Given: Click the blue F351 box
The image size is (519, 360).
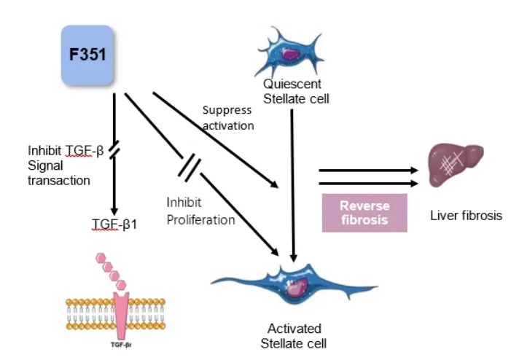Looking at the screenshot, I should point(87,55).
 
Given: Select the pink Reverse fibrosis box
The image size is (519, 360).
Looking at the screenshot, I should point(364,212).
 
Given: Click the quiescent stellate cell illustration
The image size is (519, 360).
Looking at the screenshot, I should point(290,52).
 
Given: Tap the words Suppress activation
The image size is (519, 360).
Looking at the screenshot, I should point(227,117).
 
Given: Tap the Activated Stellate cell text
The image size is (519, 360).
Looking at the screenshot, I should point(294,335).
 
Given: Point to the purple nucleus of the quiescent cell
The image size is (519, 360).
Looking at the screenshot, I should point(292,54).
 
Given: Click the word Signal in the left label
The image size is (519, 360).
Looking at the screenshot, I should point(43,166).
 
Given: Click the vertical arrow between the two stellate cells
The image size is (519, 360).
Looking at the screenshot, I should point(293,182).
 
